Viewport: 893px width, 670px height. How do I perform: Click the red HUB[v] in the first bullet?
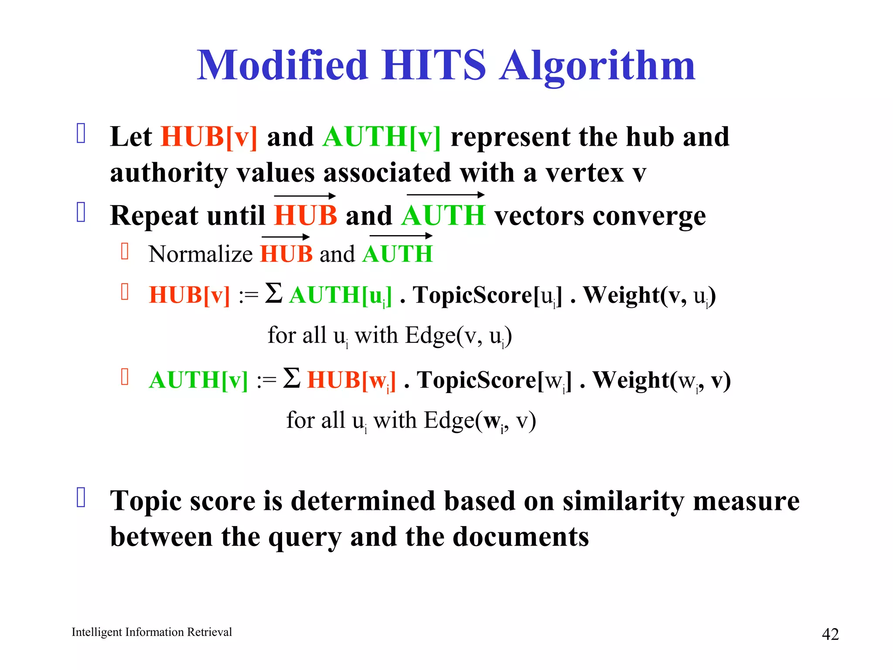[x=209, y=137]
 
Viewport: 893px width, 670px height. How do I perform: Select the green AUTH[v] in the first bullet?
[x=382, y=137]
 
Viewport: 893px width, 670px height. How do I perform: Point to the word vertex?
[x=585, y=173]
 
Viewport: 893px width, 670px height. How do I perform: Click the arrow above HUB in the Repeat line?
[x=305, y=196]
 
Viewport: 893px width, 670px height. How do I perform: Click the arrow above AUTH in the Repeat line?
[x=445, y=195]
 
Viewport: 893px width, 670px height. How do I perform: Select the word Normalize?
[x=200, y=254]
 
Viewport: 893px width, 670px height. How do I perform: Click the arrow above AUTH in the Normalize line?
[x=401, y=236]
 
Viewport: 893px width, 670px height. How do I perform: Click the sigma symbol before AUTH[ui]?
[x=274, y=293]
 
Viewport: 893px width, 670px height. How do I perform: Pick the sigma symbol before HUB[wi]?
[x=292, y=378]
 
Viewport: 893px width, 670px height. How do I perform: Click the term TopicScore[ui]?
[x=487, y=295]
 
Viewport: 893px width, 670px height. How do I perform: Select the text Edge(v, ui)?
[x=458, y=336]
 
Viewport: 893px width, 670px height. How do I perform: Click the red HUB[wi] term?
[x=351, y=380]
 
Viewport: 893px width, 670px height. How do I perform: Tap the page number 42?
[x=830, y=634]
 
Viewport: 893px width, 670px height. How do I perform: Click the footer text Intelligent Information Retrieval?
[x=152, y=632]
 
